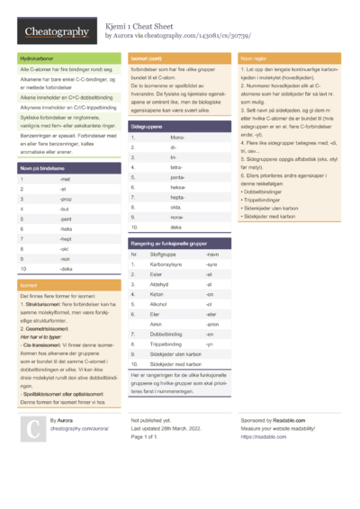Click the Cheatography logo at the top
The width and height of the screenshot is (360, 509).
click(x=57, y=32)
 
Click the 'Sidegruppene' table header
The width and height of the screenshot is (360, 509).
click(x=147, y=128)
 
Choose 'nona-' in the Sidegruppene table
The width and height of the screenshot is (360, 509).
click(x=177, y=218)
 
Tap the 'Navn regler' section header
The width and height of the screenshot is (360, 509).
click(x=254, y=58)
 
